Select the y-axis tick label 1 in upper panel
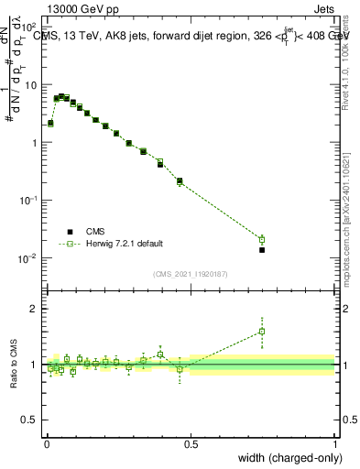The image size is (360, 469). point(35,143)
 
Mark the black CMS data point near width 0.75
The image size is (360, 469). point(262,249)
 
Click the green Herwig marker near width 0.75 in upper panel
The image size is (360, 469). point(262,239)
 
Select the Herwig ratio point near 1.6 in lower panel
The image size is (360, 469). point(262,332)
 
